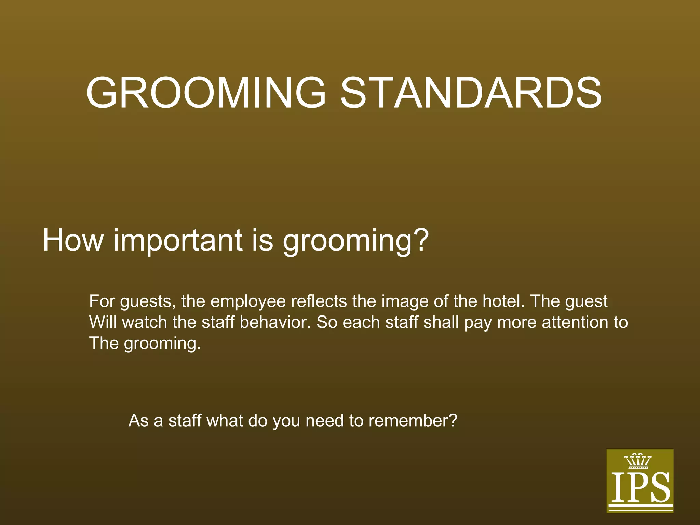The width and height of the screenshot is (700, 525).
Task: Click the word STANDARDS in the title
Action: (471, 93)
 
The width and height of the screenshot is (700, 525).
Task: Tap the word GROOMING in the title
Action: (206, 93)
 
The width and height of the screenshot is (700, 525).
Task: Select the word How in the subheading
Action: (72, 240)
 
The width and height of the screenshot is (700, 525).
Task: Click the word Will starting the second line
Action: (103, 322)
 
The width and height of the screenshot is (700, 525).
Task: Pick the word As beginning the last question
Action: (138, 421)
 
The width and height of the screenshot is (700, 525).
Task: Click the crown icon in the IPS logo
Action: (638, 461)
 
